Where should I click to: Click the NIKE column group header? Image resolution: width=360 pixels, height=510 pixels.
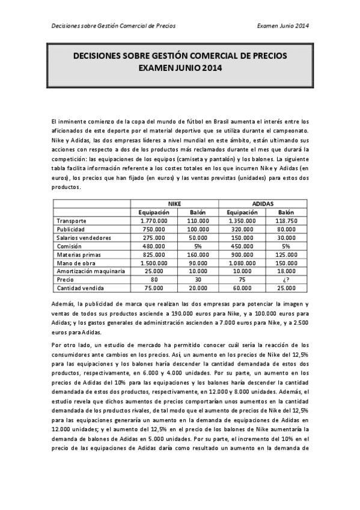coord(175,204)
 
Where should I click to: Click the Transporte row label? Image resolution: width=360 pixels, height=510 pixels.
coord(72,221)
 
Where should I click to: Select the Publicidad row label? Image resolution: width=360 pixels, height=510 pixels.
coord(70,229)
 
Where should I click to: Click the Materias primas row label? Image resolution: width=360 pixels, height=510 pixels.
coord(77,254)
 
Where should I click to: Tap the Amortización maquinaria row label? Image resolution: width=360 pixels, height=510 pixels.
coord(87,271)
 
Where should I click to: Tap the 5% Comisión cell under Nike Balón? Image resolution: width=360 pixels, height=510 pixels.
coord(198,246)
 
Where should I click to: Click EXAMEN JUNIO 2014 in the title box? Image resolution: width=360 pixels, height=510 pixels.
coord(180,68)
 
